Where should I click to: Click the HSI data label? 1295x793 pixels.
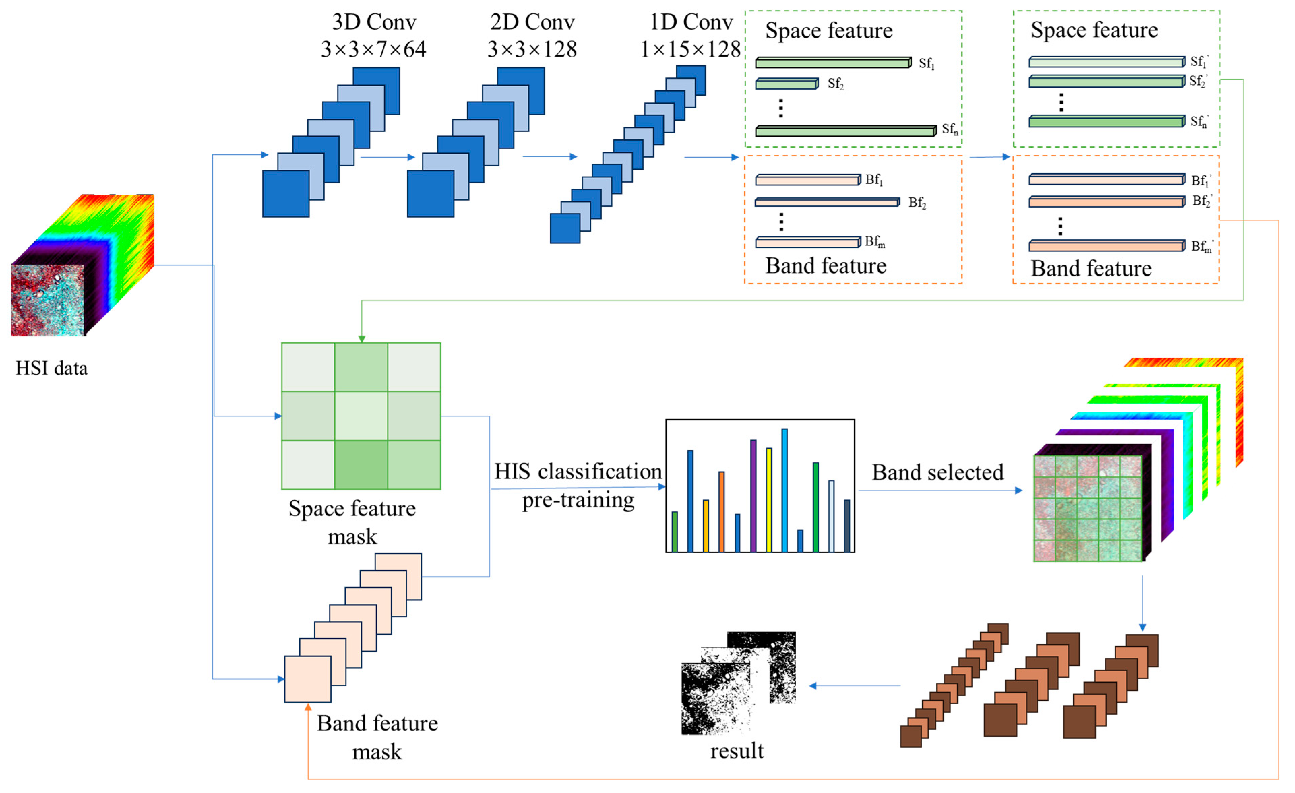point(52,369)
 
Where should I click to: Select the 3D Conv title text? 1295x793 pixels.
point(374,22)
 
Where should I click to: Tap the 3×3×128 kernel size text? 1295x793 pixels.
point(532,50)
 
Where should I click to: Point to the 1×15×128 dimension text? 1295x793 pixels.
point(690,50)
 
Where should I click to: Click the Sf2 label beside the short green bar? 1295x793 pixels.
point(835,84)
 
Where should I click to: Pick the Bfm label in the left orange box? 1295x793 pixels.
point(874,242)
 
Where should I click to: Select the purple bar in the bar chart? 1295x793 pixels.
point(753,496)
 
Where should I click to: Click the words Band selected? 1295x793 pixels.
point(937,472)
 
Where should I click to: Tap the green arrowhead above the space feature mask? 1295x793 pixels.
point(362,339)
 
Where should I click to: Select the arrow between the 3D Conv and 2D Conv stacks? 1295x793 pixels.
point(387,157)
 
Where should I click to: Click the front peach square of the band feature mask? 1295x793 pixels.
point(307,679)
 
